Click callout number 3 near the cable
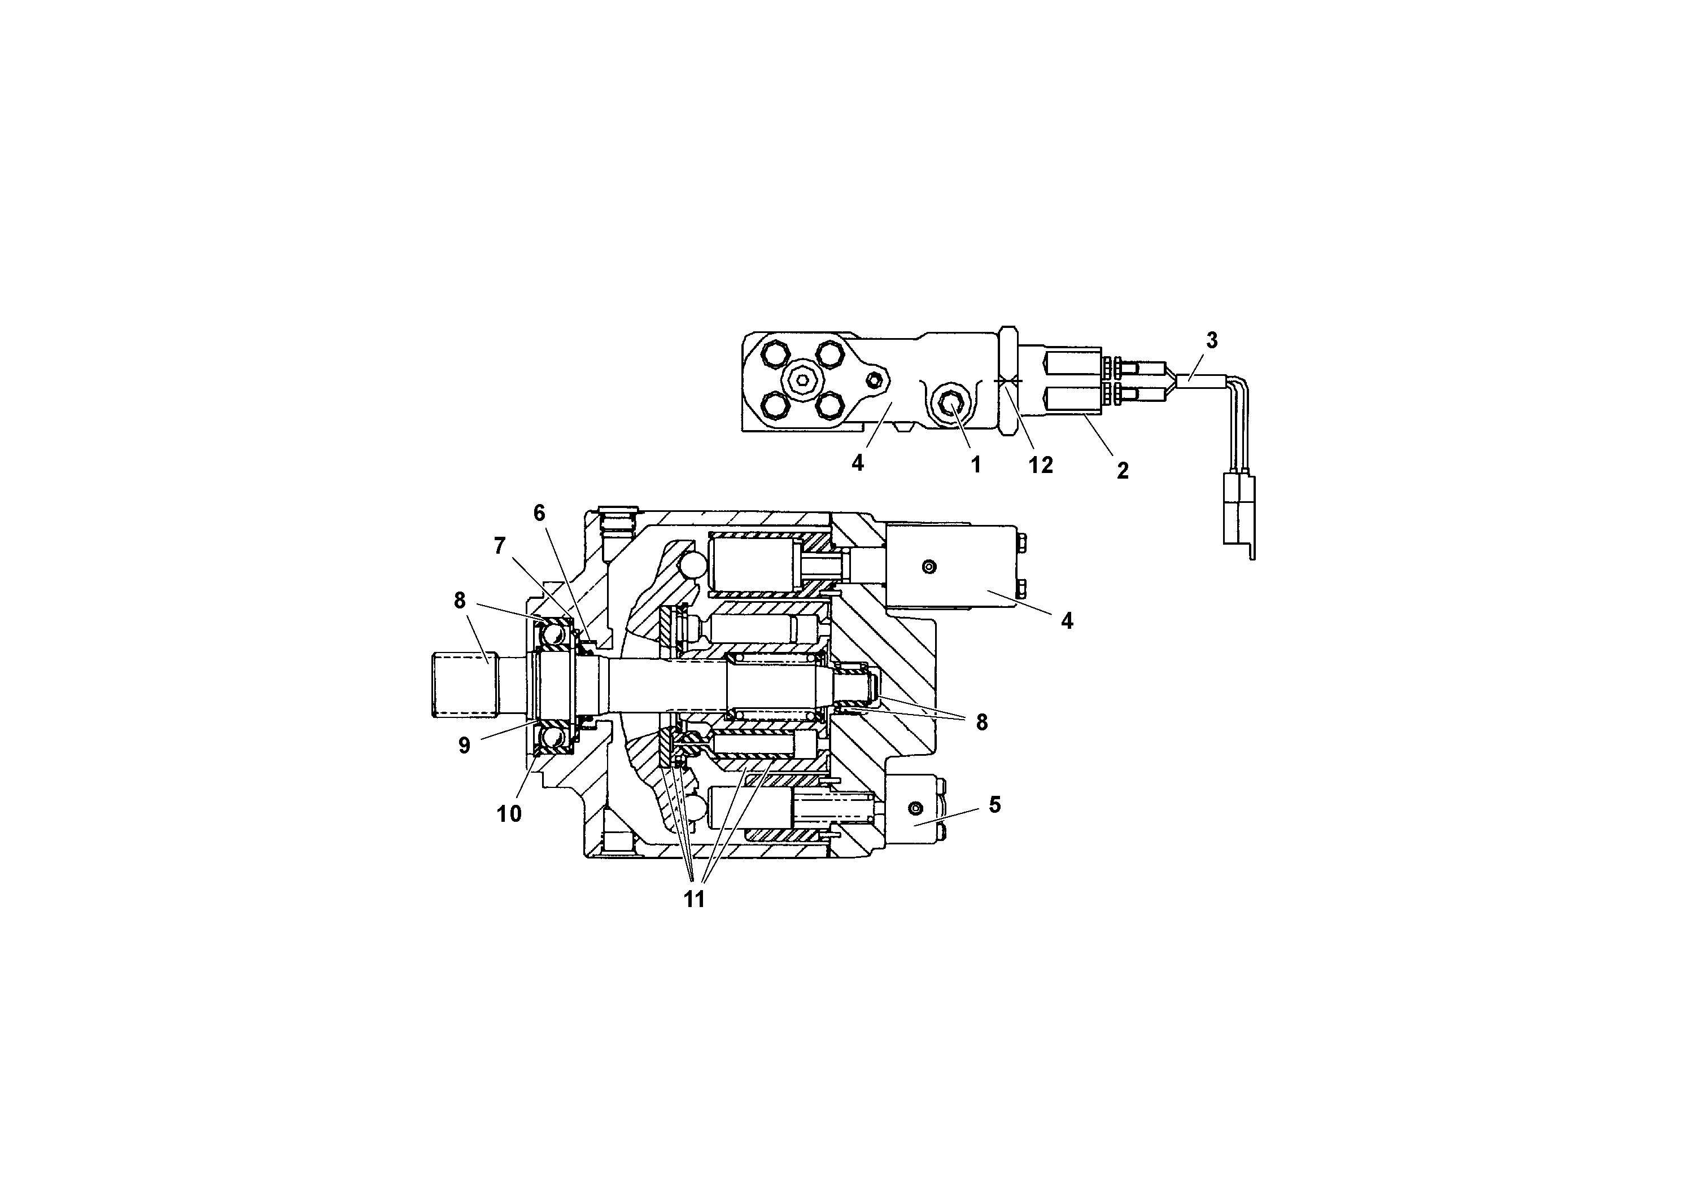point(1212,340)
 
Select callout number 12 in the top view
point(1040,465)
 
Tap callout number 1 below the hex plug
point(975,465)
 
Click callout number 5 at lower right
point(994,805)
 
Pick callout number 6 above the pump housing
point(540,514)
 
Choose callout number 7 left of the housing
point(500,546)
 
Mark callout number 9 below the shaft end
point(464,746)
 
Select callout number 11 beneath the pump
point(694,899)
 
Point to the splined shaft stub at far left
point(462,686)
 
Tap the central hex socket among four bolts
point(803,380)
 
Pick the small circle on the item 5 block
point(914,808)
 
